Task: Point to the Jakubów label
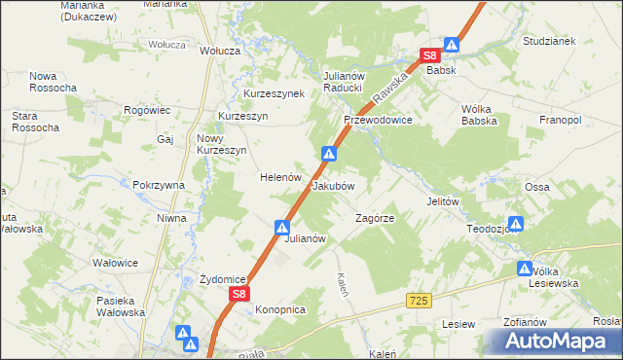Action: coord(333,185)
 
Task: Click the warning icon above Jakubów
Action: coord(330,154)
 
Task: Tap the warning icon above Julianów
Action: coord(281,228)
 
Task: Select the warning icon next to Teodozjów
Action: coord(516,225)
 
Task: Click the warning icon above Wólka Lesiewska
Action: coord(525,268)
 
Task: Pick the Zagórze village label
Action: coord(375,219)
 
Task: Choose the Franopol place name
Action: coord(560,120)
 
